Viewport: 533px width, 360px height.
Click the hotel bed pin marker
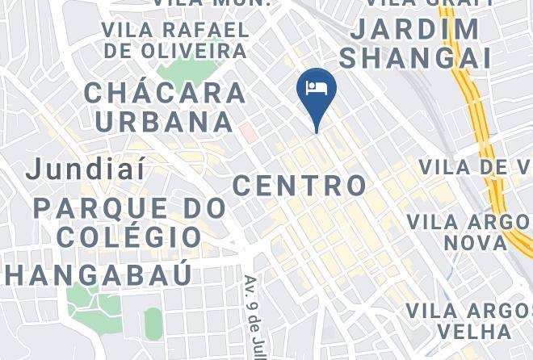pyautogui.click(x=317, y=90)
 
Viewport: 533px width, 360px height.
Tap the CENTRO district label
pyautogui.click(x=300, y=185)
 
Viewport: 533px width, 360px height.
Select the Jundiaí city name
pyautogui.click(x=86, y=170)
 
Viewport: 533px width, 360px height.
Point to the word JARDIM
pyautogui.click(x=416, y=30)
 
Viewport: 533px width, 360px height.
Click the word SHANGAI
pyautogui.click(x=415, y=57)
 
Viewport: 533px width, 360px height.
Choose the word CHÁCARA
pyautogui.click(x=166, y=92)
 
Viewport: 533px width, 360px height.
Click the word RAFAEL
pyautogui.click(x=208, y=31)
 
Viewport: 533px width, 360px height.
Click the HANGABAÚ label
pyautogui.click(x=97, y=274)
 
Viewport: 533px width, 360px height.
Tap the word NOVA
pyautogui.click(x=477, y=242)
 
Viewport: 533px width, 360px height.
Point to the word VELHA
pyautogui.click(x=474, y=331)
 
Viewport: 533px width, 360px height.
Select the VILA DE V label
pyautogui.click(x=475, y=167)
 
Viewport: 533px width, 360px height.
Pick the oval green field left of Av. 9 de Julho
pyautogui.click(x=153, y=323)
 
